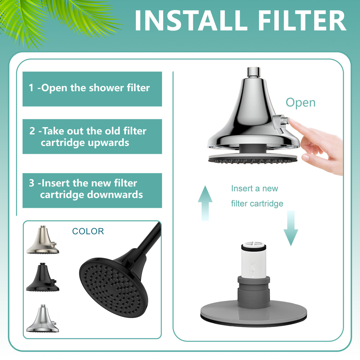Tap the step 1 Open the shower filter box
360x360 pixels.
(x=92, y=89)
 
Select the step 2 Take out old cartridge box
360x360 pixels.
(x=92, y=136)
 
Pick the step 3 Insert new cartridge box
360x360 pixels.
(x=92, y=190)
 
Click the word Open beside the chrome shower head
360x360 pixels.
(x=300, y=103)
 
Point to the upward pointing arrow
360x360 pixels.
(x=205, y=203)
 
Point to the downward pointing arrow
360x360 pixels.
(x=291, y=228)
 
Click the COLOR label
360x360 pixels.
(x=88, y=231)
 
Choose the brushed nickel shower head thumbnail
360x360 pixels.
(x=43, y=240)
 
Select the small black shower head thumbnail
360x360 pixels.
(x=43, y=277)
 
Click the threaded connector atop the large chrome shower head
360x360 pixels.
(x=253, y=72)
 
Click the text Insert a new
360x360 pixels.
(x=254, y=188)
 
